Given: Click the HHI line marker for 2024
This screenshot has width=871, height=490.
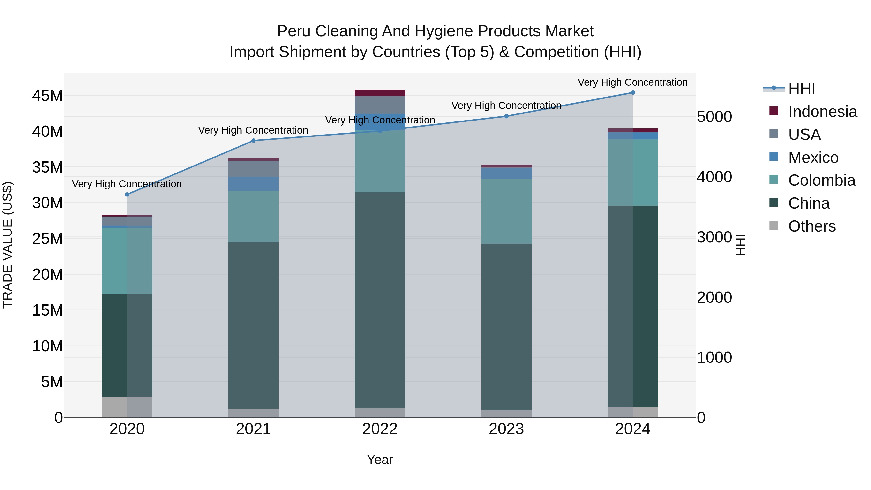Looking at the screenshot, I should point(633,93).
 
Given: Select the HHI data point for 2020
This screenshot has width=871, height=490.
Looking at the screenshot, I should point(127,195).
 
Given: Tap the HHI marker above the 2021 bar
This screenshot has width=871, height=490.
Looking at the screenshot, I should point(254,141).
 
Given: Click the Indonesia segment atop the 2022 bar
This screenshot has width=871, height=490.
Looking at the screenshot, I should point(380,93).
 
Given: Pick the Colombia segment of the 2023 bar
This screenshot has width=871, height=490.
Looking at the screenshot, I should point(506,211).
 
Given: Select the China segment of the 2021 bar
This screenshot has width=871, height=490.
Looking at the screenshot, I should point(254,325).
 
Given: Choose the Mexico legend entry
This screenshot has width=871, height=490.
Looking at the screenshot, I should point(813,158).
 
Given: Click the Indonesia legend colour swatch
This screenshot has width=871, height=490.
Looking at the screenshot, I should point(774,111).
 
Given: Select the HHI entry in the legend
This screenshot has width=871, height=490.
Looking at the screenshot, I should point(801,89).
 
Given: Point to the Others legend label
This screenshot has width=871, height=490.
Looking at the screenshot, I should point(812,226).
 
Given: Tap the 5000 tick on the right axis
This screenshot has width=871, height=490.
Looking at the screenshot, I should point(714,117).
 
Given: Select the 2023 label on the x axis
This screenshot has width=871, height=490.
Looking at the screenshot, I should point(506,429).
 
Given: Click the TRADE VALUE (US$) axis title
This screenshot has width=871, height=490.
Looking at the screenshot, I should point(8,245).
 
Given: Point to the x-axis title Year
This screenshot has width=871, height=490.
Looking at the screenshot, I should point(380,460).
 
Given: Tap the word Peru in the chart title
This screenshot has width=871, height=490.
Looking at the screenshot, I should point(294,31).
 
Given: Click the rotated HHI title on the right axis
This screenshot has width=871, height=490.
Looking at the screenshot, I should point(741,245).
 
